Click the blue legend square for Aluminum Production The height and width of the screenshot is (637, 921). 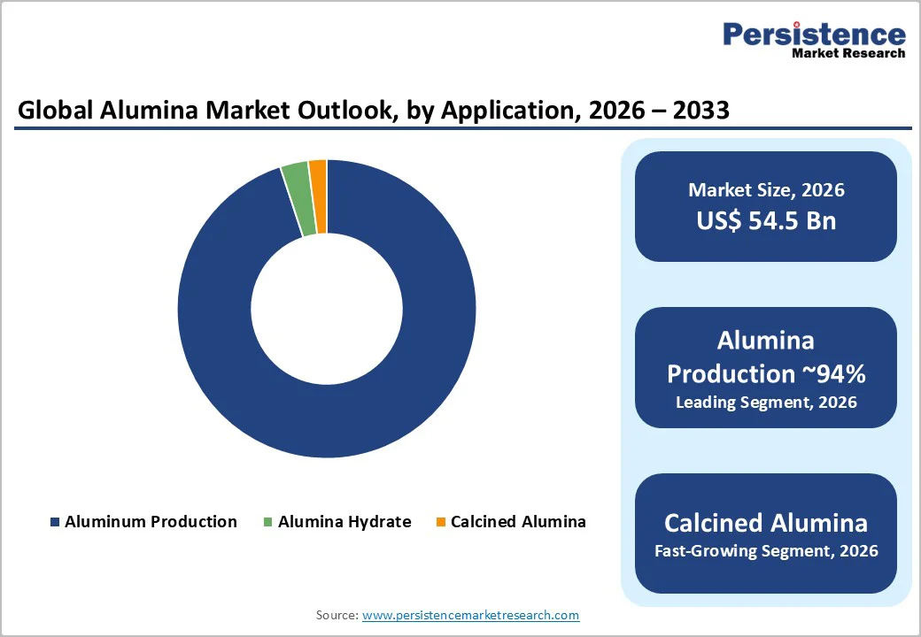(55, 522)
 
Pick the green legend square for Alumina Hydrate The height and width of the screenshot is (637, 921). (268, 522)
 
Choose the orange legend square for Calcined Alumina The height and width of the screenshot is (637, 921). (441, 522)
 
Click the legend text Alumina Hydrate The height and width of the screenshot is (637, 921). (344, 522)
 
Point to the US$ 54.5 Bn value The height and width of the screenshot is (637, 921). (766, 220)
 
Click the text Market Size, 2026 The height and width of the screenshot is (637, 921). (766, 190)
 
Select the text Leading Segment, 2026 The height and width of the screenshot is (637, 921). (766, 403)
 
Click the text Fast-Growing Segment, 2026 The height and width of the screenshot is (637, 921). (766, 551)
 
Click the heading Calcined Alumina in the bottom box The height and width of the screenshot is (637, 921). (766, 522)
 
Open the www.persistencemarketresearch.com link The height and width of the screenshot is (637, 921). (470, 615)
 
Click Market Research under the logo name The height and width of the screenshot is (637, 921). (848, 53)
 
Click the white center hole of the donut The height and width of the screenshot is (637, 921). (327, 309)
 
